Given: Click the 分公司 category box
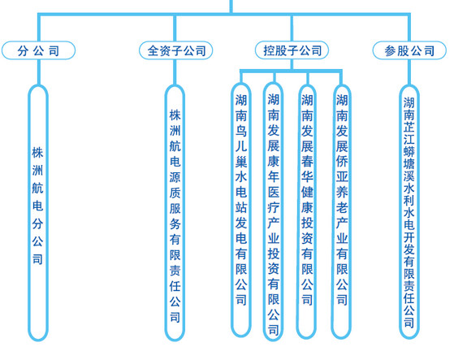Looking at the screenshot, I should pos(38,50).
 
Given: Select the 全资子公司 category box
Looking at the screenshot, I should pos(175,50).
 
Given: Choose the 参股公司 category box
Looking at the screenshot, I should pos(410,50).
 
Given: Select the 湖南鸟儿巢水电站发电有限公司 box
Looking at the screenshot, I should pos(241,203).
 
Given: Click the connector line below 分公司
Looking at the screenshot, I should pos(38,72).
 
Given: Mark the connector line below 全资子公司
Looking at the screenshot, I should pos(175,72).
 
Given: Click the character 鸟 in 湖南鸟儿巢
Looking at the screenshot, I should pos(241,132).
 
